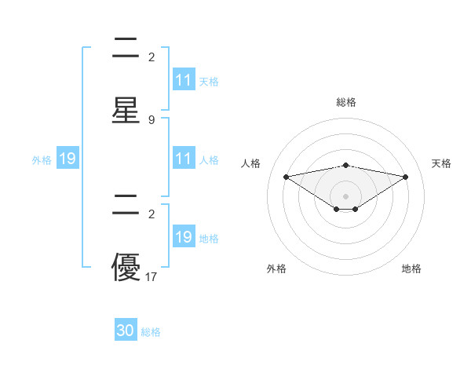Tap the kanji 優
click(x=126, y=267)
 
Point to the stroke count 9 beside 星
click(x=152, y=119)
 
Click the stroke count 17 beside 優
click(x=152, y=276)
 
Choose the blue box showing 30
click(x=126, y=331)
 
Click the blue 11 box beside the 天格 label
click(x=184, y=80)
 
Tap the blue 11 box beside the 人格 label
click(x=184, y=159)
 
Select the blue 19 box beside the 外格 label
click(x=68, y=159)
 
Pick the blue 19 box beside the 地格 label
click(x=184, y=237)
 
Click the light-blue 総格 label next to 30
click(x=151, y=332)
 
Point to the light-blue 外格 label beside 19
click(x=42, y=160)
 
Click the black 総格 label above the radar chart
click(x=345, y=102)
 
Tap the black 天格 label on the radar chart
click(x=442, y=163)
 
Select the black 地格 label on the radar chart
click(x=411, y=269)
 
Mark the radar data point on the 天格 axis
click(x=406, y=177)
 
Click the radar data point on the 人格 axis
click(x=286, y=176)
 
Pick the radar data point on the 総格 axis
click(x=345, y=165)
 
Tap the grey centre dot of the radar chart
click(x=345, y=195)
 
